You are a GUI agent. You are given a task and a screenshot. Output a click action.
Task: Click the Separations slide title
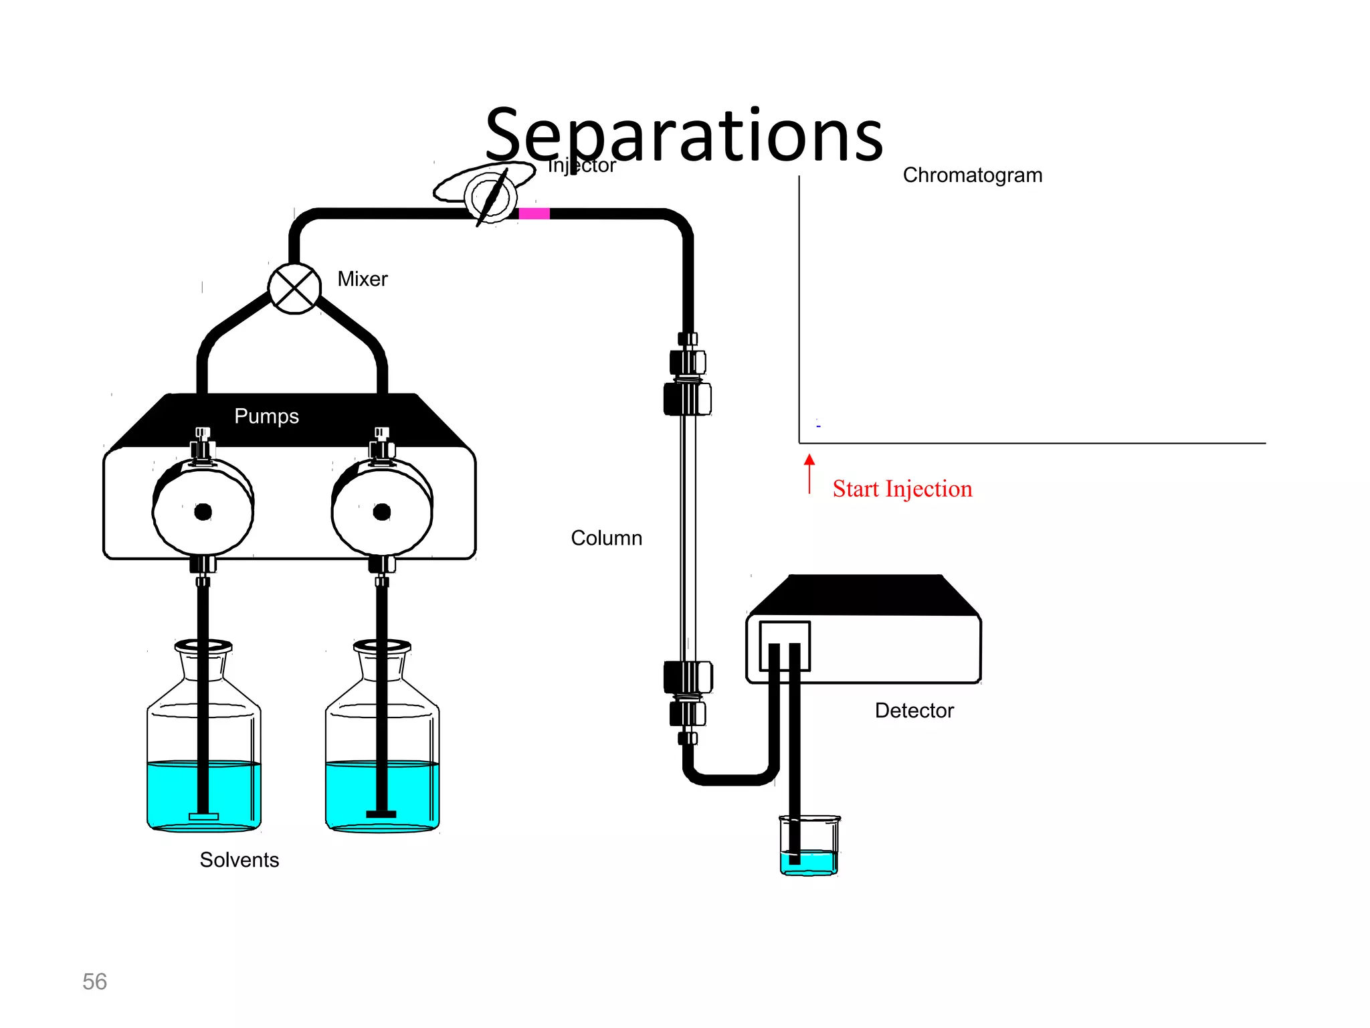684,136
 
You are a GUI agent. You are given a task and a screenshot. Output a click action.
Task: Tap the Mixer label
362,278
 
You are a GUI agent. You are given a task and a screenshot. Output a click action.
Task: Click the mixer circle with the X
294,289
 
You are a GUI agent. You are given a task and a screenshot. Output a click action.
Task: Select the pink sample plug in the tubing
534,213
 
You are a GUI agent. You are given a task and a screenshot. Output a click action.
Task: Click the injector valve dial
492,197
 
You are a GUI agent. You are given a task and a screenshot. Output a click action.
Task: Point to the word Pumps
266,416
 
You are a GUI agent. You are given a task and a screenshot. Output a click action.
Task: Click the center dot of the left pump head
203,512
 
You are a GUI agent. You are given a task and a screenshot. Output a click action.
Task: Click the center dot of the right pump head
382,512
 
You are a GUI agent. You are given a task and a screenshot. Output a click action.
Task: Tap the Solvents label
239,859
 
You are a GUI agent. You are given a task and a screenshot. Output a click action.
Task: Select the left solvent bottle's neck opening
203,647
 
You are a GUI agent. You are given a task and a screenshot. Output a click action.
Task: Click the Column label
606,538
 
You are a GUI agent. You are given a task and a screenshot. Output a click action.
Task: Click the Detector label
914,710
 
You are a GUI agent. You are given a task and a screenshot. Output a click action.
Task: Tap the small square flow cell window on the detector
785,646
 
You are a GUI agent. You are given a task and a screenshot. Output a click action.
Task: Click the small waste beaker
809,846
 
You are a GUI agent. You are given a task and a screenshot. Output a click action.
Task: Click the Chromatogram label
972,175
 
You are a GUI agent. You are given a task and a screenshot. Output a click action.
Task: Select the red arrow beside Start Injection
809,473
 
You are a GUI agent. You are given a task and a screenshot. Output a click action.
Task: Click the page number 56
94,981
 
